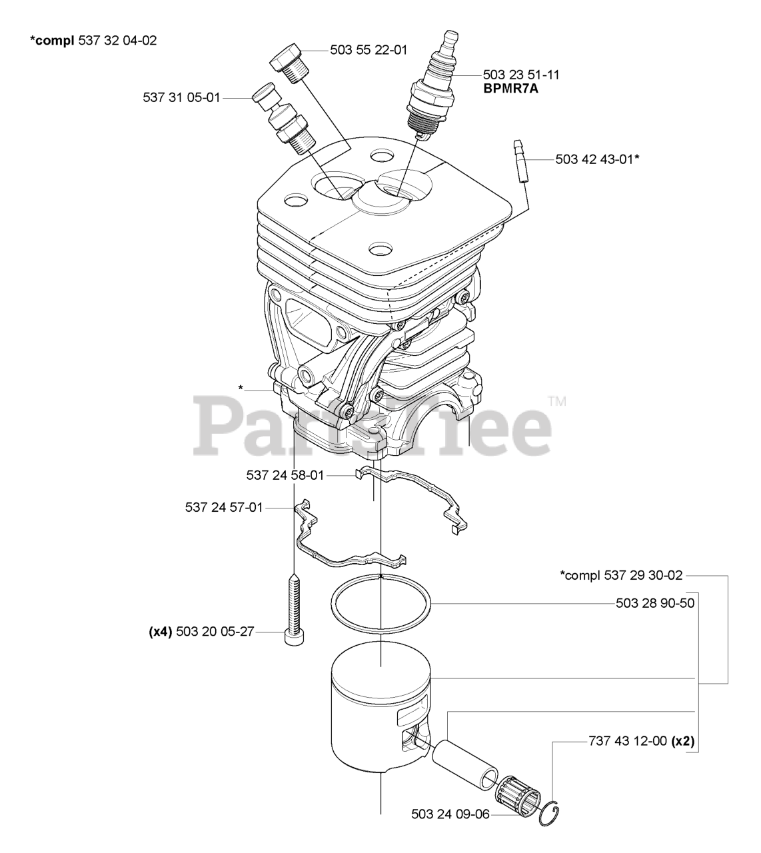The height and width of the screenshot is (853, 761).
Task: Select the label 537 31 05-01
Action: [181, 97]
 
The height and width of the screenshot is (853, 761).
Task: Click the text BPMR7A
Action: [512, 87]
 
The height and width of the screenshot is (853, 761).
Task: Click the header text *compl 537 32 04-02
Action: [93, 41]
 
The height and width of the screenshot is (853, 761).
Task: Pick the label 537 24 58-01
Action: [285, 475]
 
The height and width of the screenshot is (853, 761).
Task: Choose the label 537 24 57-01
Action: [224, 508]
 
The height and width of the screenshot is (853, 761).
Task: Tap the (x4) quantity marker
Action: [161, 631]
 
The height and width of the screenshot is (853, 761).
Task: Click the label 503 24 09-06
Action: [450, 814]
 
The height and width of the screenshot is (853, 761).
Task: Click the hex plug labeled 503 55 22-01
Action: [288, 61]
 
